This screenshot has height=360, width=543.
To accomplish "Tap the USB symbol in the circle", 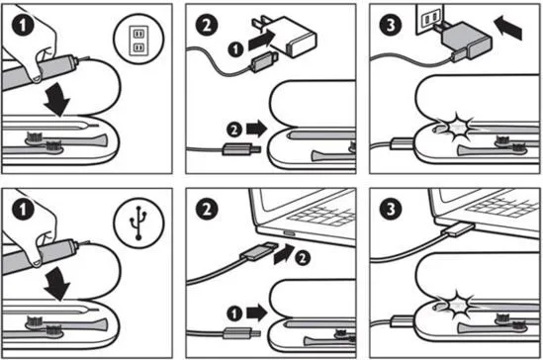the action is pyautogui.click(x=138, y=223).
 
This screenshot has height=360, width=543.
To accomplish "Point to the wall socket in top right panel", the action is pyautogui.click(x=430, y=19).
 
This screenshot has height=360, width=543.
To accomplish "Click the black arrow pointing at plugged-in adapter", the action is pyautogui.click(x=508, y=28).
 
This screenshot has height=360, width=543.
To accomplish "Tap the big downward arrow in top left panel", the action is pyautogui.click(x=57, y=101).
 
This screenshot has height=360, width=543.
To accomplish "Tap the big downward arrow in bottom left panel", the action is pyautogui.click(x=57, y=285).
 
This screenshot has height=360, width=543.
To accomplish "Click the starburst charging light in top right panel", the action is pyautogui.click(x=458, y=128).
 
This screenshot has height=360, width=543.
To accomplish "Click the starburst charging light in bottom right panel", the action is pyautogui.click(x=456, y=306).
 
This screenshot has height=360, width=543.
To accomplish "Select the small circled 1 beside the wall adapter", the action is pyautogui.click(x=235, y=49).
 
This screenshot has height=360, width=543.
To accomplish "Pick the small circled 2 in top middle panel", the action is pyautogui.click(x=234, y=130).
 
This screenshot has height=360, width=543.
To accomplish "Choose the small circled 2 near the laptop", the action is pyautogui.click(x=303, y=258).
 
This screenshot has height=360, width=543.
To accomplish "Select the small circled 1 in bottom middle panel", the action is pyautogui.click(x=234, y=314).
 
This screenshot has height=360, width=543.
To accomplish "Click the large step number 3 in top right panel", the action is pyautogui.click(x=391, y=25).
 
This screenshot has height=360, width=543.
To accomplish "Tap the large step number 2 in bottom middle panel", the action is pyautogui.click(x=207, y=209).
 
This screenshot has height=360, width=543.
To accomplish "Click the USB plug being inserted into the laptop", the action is pyautogui.click(x=259, y=251).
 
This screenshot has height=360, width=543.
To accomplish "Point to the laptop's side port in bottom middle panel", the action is pyautogui.click(x=289, y=233).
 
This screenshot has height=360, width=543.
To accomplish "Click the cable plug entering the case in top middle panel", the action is pyautogui.click(x=241, y=149).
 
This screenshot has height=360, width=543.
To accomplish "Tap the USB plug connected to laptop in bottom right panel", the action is pyautogui.click(x=461, y=229).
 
